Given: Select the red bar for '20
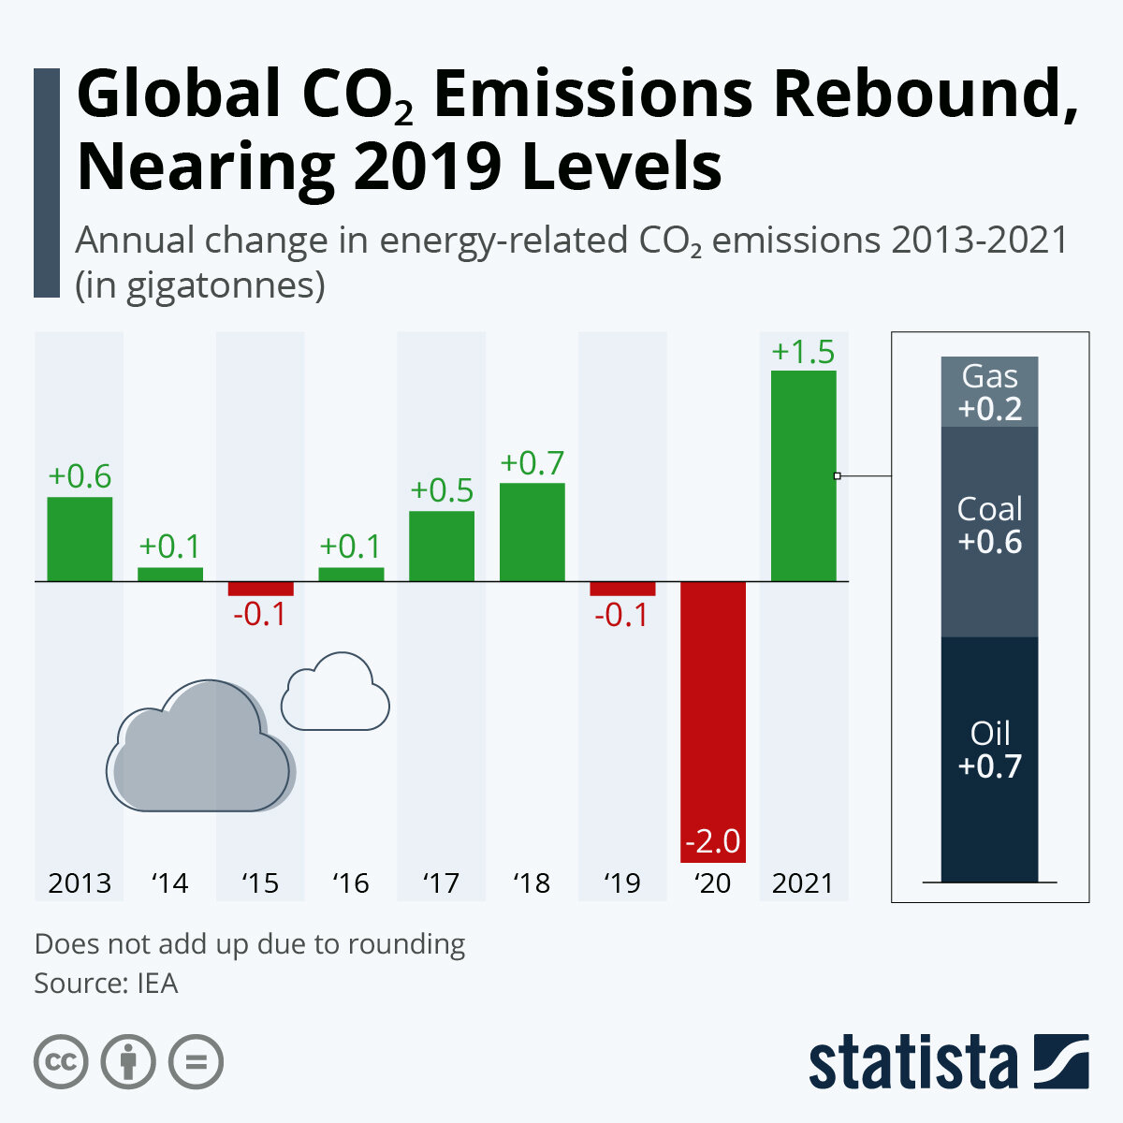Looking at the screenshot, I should point(713,721).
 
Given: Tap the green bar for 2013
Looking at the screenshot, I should point(80,539).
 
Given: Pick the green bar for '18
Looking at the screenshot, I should point(532,532).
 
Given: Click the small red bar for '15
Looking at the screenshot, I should point(260,589).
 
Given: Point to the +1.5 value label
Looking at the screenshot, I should point(803,353).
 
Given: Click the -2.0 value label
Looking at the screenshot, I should point(713,841).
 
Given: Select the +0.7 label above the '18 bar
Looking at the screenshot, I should point(532,463).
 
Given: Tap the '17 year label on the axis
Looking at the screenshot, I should point(441,882).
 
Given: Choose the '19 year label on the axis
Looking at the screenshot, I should point(622,882).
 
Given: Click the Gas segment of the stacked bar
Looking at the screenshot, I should point(989,392).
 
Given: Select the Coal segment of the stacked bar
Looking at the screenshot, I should point(989,532).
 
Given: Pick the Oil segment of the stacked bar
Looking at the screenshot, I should point(989,759).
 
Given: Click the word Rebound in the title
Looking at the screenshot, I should point(921,96).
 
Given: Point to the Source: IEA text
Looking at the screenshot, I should point(106,984).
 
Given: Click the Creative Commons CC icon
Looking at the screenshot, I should point(61,1062).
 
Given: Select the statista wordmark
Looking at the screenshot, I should point(912,1062).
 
